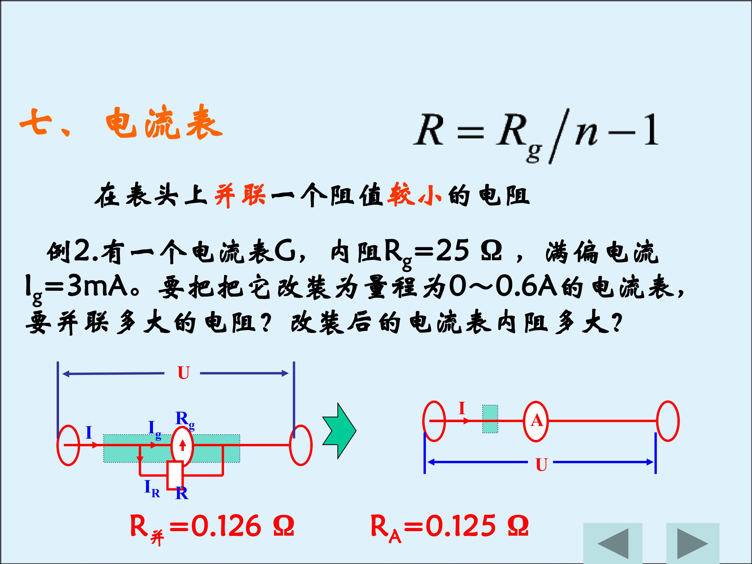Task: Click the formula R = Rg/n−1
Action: [536, 136]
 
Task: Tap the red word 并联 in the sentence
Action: [240, 196]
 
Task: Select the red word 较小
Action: [414, 196]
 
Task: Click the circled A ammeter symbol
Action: [536, 421]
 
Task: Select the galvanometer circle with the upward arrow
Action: [183, 445]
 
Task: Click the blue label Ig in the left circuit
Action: [155, 430]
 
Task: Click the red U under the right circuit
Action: [541, 465]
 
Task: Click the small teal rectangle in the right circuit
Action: [490, 419]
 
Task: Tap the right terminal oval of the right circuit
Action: [668, 421]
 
